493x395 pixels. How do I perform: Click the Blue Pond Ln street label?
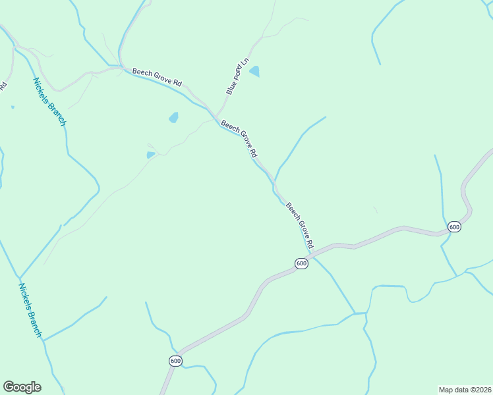(237, 77)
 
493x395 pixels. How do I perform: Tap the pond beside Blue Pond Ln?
(254, 71)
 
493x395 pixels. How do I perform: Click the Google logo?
(22, 387)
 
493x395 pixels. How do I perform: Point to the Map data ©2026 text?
(465, 389)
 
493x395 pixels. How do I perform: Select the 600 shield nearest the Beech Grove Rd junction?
(301, 263)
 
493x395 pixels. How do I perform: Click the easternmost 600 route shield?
(454, 226)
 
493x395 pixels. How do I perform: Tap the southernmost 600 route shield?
(175, 361)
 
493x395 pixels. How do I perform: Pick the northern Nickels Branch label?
(49, 101)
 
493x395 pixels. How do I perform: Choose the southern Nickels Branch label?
(30, 311)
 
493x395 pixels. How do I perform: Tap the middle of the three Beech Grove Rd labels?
(239, 138)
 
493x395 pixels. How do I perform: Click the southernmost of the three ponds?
(151, 155)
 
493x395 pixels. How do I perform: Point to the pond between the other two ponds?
(173, 118)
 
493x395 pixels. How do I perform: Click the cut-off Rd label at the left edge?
(3, 85)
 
